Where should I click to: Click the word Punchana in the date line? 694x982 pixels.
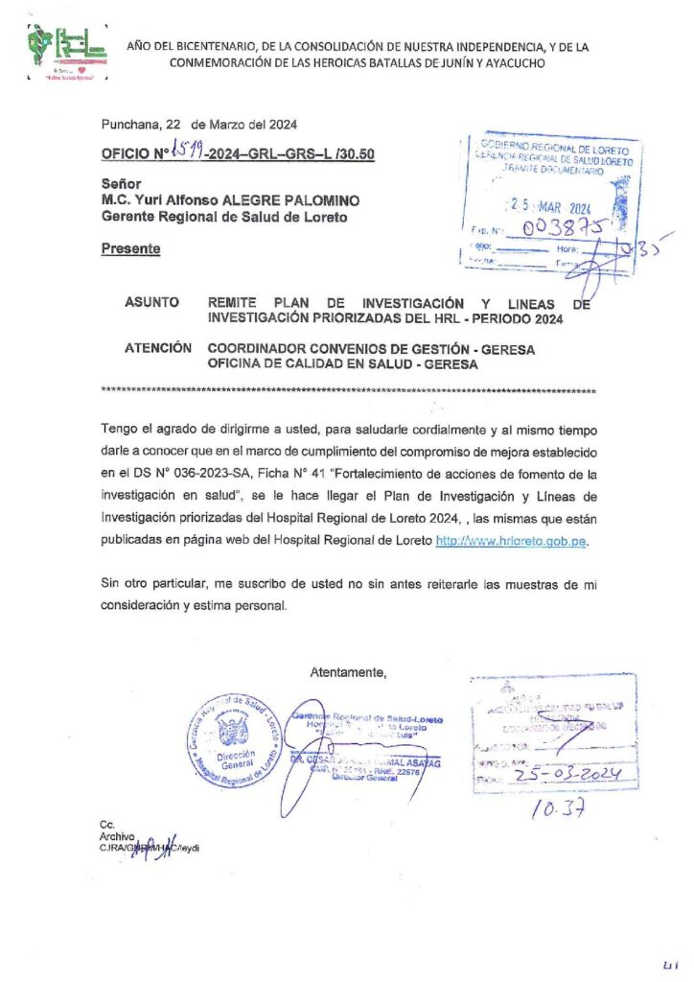[x=129, y=124]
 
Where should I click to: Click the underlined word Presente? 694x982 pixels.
[x=131, y=248]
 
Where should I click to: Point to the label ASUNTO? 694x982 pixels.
[x=151, y=302]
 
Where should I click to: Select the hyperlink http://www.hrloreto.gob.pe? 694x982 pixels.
[x=509, y=541]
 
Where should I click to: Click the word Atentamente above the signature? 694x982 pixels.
[x=348, y=672]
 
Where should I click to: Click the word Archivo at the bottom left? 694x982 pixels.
[x=117, y=836]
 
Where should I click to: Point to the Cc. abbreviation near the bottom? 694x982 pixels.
[x=106, y=825]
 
